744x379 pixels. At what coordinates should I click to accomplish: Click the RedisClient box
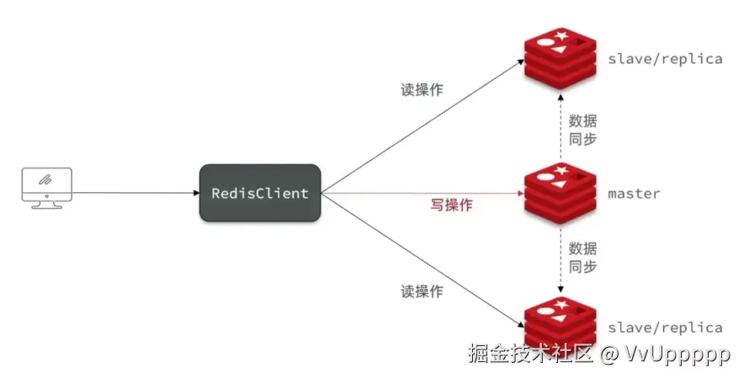(260, 194)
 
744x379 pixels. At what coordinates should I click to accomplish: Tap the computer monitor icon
(45, 186)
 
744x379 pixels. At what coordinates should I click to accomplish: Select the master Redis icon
(559, 192)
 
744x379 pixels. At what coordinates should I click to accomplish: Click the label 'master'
(634, 194)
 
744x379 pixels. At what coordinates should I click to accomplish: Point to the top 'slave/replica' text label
(664, 60)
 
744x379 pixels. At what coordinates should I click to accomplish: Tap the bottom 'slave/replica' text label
(664, 328)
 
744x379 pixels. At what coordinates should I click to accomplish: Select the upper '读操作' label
(422, 89)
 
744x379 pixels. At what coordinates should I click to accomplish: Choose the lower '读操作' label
(422, 291)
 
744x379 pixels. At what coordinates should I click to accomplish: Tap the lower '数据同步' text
(583, 257)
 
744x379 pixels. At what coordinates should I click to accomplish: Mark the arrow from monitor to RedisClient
(135, 193)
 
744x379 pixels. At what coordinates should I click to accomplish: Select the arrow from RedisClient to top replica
(421, 125)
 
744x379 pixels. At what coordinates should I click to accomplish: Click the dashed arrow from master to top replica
(558, 126)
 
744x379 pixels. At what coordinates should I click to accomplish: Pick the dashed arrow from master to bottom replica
(558, 257)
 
